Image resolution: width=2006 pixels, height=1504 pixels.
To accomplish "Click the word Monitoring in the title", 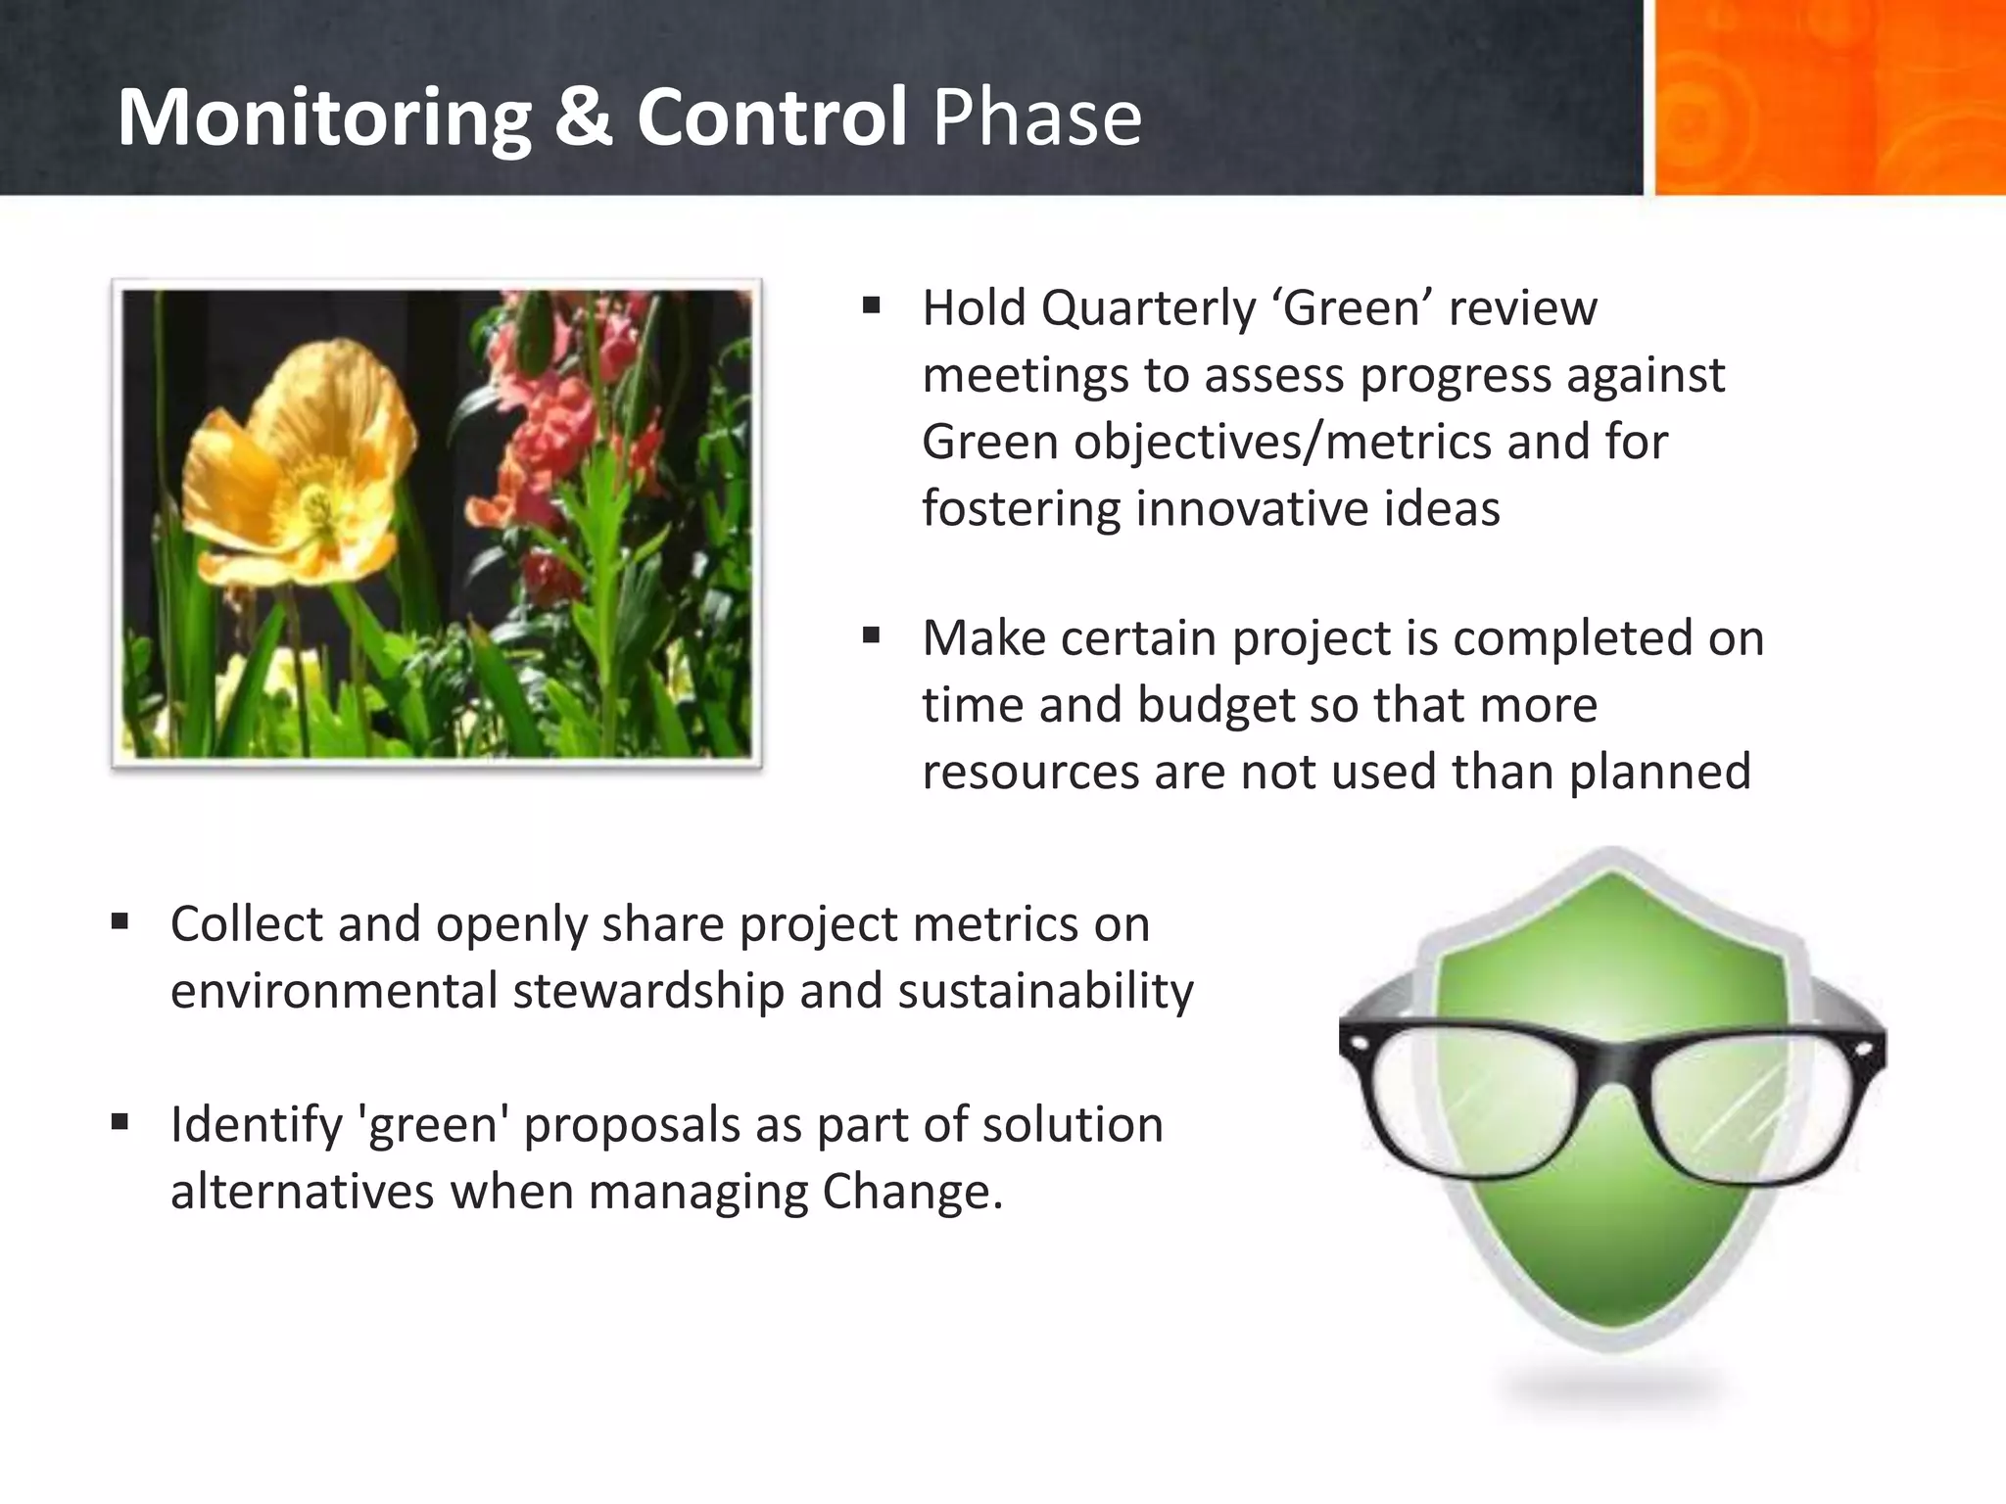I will point(323,117).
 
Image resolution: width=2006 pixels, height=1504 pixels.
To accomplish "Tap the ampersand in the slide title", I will point(584,117).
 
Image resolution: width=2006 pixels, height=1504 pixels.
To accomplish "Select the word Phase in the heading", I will point(1036,117).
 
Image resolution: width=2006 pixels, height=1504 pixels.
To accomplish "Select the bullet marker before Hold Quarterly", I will point(872,306).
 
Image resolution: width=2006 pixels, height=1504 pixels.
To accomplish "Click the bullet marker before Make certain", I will point(872,637).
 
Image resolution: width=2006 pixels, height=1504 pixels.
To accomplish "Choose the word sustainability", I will point(1045,991).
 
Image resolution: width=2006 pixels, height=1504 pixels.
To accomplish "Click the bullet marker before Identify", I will point(120,1122).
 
